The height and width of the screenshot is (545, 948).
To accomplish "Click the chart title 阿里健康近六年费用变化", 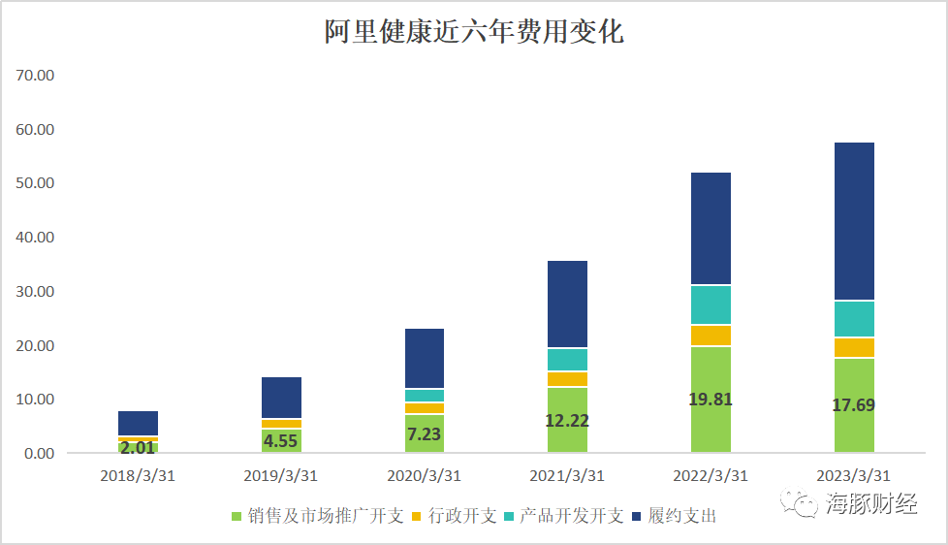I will pyautogui.click(x=474, y=33).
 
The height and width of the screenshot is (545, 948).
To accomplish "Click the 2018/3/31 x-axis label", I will pyautogui.click(x=138, y=475).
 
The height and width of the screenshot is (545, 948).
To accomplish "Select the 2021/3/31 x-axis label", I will pyautogui.click(x=567, y=475).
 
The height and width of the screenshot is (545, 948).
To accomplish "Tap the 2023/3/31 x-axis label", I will pyautogui.click(x=854, y=475).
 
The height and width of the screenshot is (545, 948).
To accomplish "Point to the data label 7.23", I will pyautogui.click(x=424, y=434).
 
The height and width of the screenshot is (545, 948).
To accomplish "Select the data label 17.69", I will pyautogui.click(x=854, y=405).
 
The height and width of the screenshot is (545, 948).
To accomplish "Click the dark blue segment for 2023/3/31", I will pyautogui.click(x=854, y=221).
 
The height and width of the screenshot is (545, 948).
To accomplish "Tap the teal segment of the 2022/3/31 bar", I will pyautogui.click(x=711, y=305).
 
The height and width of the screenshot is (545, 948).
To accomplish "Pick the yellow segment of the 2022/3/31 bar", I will pyautogui.click(x=711, y=335).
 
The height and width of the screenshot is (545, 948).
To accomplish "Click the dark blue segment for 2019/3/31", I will pyautogui.click(x=281, y=398).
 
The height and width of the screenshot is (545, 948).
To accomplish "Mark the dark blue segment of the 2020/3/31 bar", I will pyautogui.click(x=424, y=358).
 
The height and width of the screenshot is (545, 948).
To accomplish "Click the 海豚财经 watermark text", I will pyautogui.click(x=869, y=503).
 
